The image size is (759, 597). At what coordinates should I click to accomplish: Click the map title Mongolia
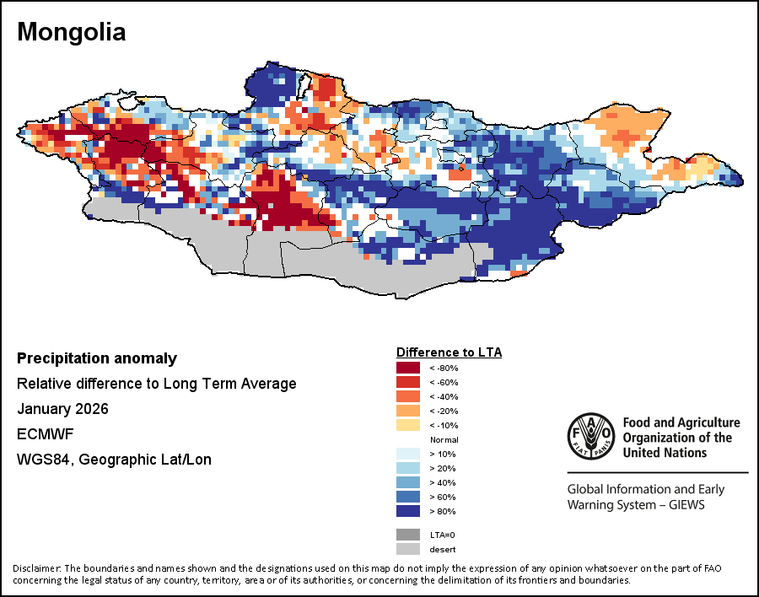click(x=71, y=32)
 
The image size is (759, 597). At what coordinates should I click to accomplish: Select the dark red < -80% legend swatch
click(x=409, y=368)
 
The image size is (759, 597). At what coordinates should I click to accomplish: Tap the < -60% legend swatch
click(x=409, y=382)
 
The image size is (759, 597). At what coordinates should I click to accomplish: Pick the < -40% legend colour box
click(x=409, y=396)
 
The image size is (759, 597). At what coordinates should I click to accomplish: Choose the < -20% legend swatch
click(x=409, y=411)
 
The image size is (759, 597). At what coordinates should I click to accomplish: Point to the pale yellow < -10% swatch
click(x=409, y=425)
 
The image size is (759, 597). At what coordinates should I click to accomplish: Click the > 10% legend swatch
click(x=409, y=454)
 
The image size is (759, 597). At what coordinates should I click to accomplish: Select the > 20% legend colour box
click(x=409, y=468)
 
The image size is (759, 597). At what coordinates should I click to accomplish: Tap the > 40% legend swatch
click(x=409, y=482)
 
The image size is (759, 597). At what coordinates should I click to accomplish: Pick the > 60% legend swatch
click(x=409, y=497)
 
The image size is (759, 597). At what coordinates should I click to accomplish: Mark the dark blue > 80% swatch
click(x=409, y=511)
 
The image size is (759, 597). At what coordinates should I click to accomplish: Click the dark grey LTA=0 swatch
click(x=409, y=535)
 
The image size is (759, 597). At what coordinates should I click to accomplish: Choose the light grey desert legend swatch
click(x=409, y=549)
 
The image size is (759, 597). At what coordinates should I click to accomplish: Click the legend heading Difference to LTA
click(x=449, y=352)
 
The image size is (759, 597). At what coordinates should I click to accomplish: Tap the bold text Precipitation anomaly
click(x=97, y=358)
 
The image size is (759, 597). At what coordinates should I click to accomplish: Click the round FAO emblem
click(x=590, y=437)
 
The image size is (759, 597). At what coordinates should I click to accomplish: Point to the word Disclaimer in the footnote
click(x=36, y=567)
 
